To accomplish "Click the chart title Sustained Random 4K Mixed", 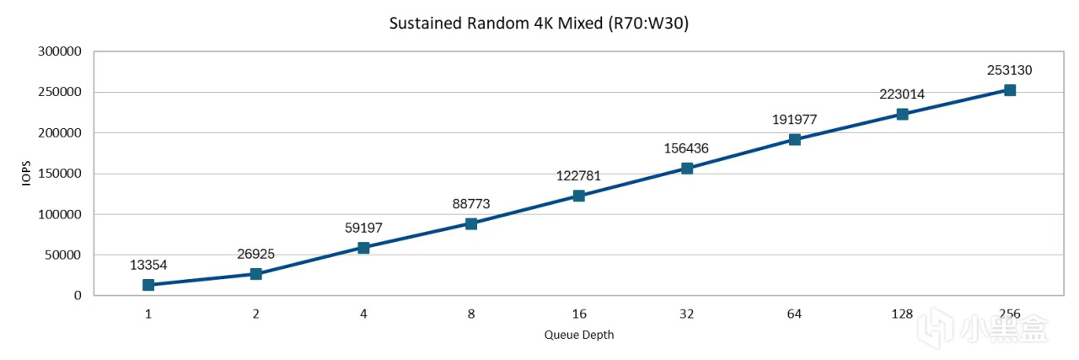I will [x=539, y=24].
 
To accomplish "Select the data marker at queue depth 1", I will [x=148, y=285].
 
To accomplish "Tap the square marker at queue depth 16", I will [x=579, y=196].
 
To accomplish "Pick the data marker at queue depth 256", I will [x=1009, y=90].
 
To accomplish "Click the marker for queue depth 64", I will [x=794, y=140].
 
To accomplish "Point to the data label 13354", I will [x=148, y=265].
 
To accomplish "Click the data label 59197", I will [x=363, y=228].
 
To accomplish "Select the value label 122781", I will [x=579, y=176].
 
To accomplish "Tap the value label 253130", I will [x=1009, y=70].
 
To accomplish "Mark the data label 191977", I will [x=794, y=120].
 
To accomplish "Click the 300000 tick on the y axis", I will [x=60, y=51].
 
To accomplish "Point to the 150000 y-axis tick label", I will [x=60, y=174].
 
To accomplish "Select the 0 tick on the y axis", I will [x=77, y=296].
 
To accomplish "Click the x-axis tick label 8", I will [x=471, y=314].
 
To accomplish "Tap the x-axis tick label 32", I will [x=686, y=314].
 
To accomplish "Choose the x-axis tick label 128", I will [x=902, y=314].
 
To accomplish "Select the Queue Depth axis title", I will [x=579, y=335].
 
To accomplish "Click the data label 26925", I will [x=256, y=254].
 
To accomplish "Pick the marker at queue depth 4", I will [x=363, y=248].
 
